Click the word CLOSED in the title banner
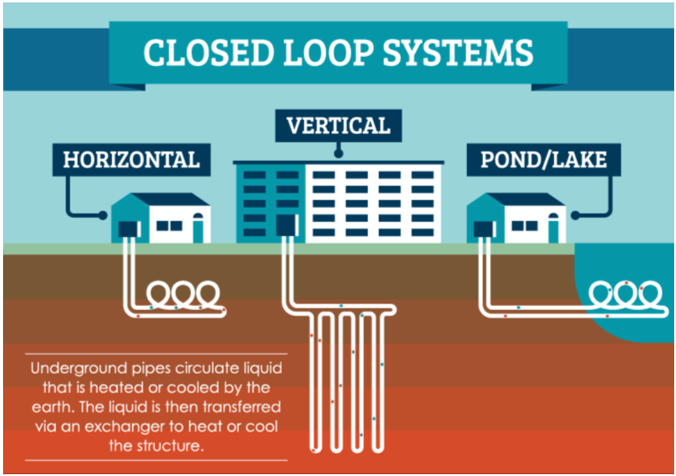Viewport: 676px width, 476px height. [208, 53]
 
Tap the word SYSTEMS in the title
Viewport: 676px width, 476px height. [458, 53]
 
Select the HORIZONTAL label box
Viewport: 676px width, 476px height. [132, 160]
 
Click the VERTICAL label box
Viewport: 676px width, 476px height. [338, 126]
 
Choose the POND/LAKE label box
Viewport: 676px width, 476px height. [544, 160]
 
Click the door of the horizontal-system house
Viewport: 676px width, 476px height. [198, 228]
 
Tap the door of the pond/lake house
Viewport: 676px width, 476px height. [553, 228]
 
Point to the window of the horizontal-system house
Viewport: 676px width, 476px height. [169, 225]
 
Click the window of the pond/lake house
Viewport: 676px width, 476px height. [525, 225]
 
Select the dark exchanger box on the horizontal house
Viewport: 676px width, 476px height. [129, 229]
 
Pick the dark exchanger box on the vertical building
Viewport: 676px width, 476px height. [287, 225]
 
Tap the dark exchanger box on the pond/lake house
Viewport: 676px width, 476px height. [485, 229]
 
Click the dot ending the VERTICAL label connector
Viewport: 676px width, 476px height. [338, 153]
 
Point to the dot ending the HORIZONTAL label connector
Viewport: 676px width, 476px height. [102, 216]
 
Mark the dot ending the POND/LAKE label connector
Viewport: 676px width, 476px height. [575, 216]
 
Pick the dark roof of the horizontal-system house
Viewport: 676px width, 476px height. [170, 199]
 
